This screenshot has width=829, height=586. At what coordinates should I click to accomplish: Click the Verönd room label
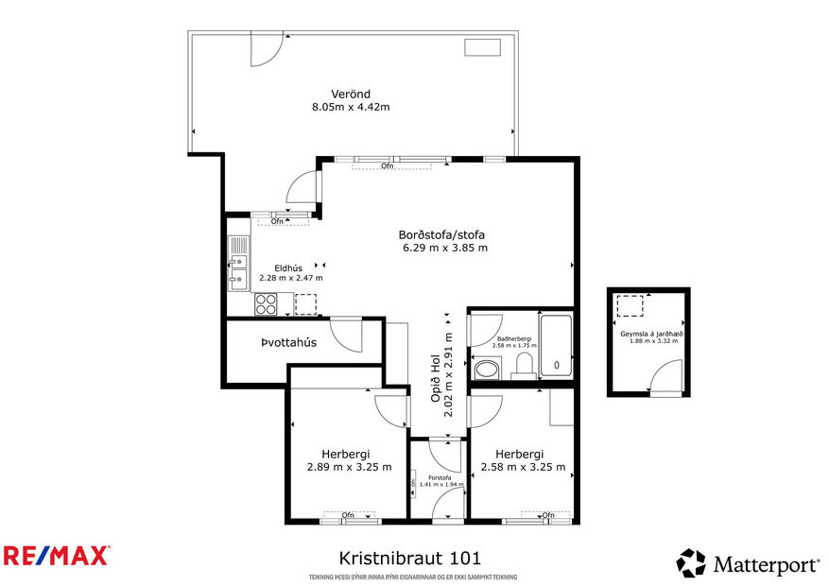pyautogui.click(x=350, y=94)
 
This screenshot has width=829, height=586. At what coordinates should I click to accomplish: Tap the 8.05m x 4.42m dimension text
pyautogui.click(x=351, y=107)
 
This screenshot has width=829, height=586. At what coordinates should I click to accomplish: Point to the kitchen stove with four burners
pyautogui.click(x=266, y=304)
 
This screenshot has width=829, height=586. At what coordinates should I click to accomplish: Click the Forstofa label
pyautogui.click(x=438, y=478)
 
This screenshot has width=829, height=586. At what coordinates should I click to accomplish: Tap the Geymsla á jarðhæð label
pyautogui.click(x=651, y=333)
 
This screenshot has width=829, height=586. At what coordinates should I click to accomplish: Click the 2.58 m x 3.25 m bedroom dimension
pyautogui.click(x=523, y=467)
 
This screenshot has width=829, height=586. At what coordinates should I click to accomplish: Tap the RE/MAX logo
pyautogui.click(x=56, y=555)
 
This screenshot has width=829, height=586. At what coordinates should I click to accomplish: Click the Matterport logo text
pyautogui.click(x=765, y=564)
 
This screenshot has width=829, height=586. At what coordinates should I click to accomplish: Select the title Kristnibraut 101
pyautogui.click(x=415, y=559)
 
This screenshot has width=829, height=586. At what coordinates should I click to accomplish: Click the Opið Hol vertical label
pyautogui.click(x=442, y=373)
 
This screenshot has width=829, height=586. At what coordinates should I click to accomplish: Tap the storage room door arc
pyautogui.click(x=665, y=379)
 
